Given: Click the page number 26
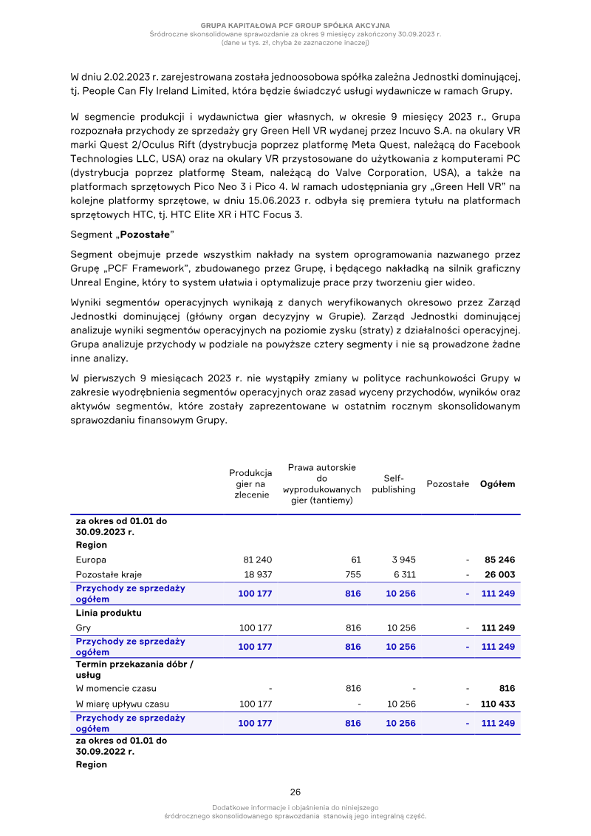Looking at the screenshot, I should [295, 792].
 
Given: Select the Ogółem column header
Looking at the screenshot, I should [497, 484].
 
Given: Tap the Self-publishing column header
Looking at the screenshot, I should [393, 484].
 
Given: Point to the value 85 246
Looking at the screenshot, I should [499, 560].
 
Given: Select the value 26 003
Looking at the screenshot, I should [499, 574].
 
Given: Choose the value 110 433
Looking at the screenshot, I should [497, 704].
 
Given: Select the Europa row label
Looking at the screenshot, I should [91, 560].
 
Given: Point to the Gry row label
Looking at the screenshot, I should [83, 628].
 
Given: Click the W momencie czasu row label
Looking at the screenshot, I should [116, 688].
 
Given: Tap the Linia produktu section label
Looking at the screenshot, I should [109, 614].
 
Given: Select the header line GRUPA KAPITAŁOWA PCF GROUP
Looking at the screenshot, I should [295, 26].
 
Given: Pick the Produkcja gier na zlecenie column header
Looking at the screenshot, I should [251, 484].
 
